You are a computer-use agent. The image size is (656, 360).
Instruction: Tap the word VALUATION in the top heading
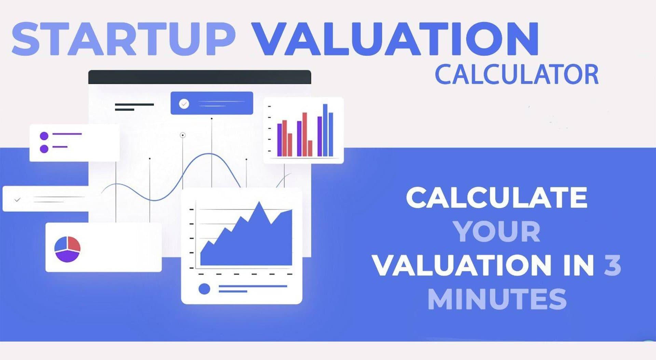tap(396, 39)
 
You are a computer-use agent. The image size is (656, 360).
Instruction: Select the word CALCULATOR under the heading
tap(517, 75)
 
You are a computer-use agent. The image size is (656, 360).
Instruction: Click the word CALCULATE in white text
tap(496, 198)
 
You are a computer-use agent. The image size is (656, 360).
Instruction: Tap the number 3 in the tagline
tap(612, 265)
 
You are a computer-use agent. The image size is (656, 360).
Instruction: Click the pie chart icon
tap(67, 249)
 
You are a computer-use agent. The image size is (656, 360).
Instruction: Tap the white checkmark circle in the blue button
tap(184, 103)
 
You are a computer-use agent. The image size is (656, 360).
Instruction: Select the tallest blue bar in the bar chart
tap(325, 130)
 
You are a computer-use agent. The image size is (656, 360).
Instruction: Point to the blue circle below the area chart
tap(204, 289)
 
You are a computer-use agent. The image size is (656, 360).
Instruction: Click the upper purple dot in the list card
tap(44, 136)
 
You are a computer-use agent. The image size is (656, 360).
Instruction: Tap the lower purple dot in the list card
tap(44, 149)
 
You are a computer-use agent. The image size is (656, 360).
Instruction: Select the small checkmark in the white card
tap(17, 200)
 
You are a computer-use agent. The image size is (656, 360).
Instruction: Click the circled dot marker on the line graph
tap(183, 135)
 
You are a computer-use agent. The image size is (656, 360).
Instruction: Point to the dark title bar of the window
tap(200, 77)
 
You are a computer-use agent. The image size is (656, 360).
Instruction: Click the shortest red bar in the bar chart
tap(310, 148)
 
